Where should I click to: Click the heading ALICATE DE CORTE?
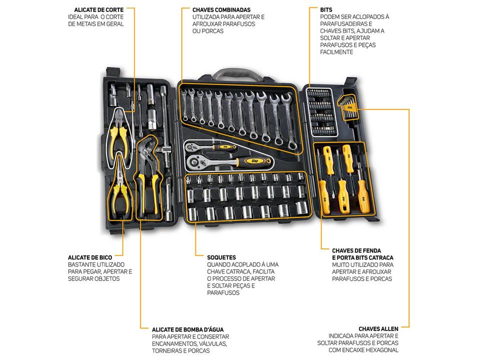(98, 9)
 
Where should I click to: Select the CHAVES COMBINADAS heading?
(221, 9)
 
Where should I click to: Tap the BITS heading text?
(326, 9)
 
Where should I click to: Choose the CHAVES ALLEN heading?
(378, 328)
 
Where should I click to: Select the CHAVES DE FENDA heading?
(356, 250)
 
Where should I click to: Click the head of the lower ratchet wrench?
(200, 162)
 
